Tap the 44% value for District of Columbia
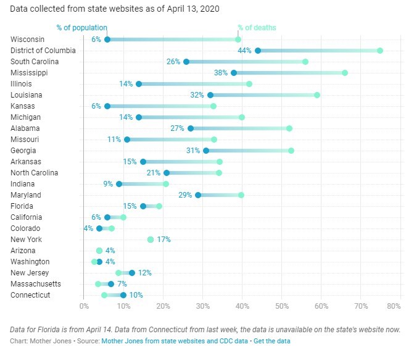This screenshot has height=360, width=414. coord(245,51)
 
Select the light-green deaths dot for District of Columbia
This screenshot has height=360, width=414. coord(380,51)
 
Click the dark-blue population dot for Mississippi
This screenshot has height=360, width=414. coord(234,73)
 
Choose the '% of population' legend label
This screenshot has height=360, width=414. coord(81,28)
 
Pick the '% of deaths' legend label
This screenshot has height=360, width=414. coord(257,28)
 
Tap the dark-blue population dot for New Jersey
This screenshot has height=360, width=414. coord(132,273)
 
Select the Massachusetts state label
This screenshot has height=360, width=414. coord(36,284)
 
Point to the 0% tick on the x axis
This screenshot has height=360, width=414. coord(84,305)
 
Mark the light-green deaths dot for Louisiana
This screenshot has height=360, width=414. coord(317,95)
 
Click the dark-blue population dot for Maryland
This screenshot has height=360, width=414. coord(198,195)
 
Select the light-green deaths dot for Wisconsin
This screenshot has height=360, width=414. coord(238,40)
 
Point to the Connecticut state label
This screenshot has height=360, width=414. coord(30,295)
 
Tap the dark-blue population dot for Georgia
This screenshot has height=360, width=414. coord(206,151)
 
